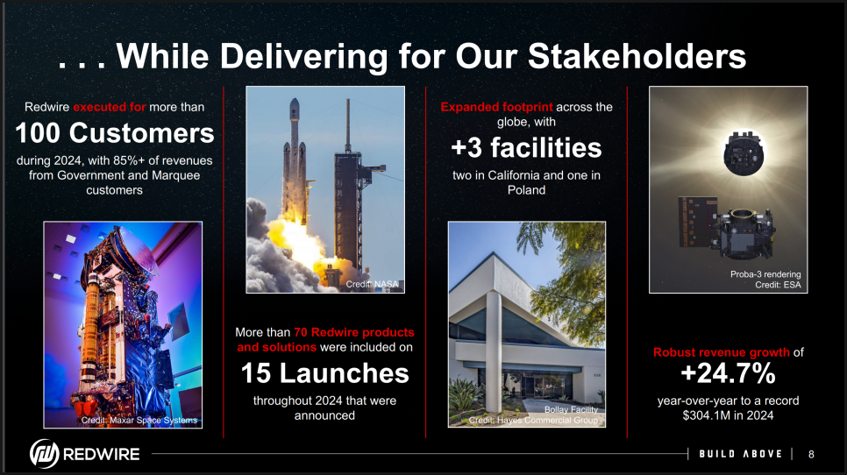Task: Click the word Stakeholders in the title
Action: pos(637,56)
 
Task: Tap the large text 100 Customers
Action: pos(115,133)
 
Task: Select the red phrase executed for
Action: pos(110,107)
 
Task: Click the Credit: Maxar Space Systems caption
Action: pos(139,420)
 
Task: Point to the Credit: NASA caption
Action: pos(372,284)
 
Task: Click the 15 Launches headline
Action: pos(324,373)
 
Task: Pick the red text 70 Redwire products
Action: pos(354,332)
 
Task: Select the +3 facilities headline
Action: pos(526,147)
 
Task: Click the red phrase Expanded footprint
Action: pos(496,107)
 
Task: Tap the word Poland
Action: pos(526,190)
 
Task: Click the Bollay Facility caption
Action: pos(571,409)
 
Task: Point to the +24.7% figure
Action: pos(728,373)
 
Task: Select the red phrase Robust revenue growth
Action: pos(721,352)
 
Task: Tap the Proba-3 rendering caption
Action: pos(765,274)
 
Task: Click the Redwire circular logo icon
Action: pos(44,453)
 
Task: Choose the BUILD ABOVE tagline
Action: pos(741,454)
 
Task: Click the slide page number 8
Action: pos(811,455)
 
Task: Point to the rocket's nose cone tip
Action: pos(295,98)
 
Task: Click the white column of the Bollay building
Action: pos(493,351)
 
